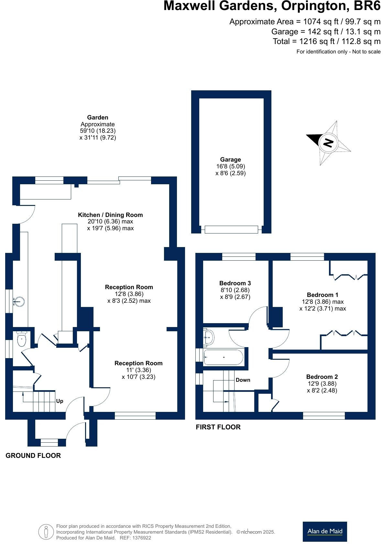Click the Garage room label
click(x=230, y=159)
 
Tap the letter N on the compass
click(x=328, y=143)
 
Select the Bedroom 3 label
click(x=235, y=283)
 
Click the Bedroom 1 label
click(x=322, y=295)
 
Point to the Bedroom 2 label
click(x=322, y=377)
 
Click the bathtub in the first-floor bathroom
click(x=223, y=357)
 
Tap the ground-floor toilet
click(x=21, y=340)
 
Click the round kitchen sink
click(x=19, y=301)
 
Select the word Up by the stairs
click(x=60, y=401)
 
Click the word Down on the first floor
click(x=243, y=380)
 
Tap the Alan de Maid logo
click(x=324, y=531)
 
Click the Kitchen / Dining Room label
click(x=110, y=215)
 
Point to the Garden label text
click(x=97, y=117)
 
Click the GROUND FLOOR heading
click(x=33, y=455)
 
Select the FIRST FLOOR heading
click(x=218, y=427)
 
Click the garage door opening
click(x=231, y=230)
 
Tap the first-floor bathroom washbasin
click(x=209, y=337)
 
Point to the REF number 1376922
click(x=140, y=538)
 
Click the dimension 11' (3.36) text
click(x=138, y=370)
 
